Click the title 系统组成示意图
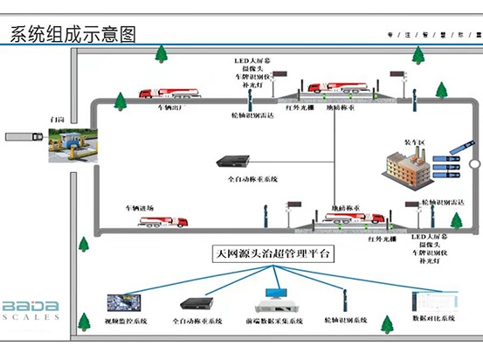tap(73, 34)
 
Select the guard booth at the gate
tap(66, 139)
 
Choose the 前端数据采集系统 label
tap(276, 322)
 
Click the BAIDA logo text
tap(31, 307)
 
